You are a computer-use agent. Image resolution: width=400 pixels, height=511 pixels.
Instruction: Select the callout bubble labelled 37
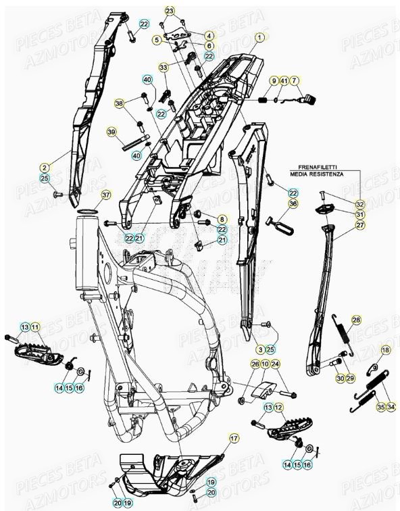105,196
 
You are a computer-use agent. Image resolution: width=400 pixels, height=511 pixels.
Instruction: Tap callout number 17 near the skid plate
234,439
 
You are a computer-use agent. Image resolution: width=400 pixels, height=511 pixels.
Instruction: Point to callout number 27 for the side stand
360,225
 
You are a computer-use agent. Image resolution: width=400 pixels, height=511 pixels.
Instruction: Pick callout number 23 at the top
169,10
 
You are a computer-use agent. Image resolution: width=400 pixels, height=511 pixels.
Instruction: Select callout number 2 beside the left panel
45,166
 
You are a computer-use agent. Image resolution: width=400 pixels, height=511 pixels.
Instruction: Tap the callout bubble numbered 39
111,131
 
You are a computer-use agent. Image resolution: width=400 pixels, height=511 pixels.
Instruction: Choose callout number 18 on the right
385,349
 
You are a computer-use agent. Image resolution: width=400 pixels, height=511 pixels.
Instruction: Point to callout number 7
295,80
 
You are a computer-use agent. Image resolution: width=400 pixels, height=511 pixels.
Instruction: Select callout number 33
164,67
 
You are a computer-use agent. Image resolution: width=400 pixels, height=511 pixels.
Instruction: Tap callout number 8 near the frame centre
222,220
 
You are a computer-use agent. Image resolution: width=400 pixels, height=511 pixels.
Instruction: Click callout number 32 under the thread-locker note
360,204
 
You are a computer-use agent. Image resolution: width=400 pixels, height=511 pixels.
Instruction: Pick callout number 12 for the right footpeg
278,408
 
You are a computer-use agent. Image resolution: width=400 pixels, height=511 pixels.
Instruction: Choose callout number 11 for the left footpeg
35,327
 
